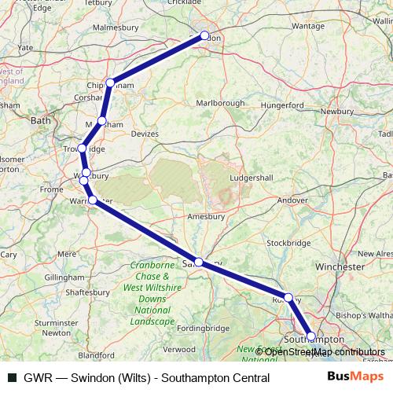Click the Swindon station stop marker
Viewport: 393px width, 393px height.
205,35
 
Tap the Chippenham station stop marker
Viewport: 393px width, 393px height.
111,83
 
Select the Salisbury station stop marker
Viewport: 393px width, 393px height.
199,263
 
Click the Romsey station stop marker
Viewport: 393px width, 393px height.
288,298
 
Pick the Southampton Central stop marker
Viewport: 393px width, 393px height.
311,336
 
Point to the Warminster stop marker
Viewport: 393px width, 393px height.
93,200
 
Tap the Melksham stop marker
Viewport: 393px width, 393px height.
101,121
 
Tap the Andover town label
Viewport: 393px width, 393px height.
293,200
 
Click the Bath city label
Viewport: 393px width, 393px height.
39,121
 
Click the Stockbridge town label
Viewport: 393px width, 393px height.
290,243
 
